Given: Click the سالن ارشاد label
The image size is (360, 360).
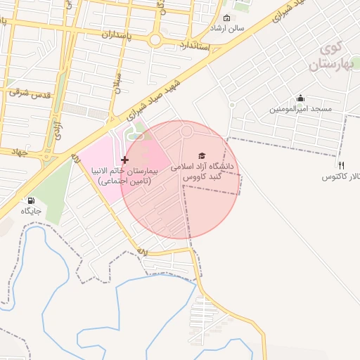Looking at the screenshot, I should [227, 28].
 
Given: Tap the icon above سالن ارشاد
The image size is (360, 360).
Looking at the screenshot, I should [226, 18].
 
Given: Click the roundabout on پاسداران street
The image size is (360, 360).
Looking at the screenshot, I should [155, 40].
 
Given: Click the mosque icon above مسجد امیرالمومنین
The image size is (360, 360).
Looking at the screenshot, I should [301, 98].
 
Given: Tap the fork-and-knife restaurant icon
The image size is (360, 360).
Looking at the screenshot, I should [341, 165].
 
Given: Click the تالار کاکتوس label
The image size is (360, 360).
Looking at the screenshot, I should [340, 176].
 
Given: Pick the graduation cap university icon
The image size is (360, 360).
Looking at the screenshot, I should [202, 155].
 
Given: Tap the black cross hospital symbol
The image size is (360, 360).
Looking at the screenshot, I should [125, 160].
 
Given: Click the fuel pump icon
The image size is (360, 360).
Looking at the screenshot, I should [30, 200].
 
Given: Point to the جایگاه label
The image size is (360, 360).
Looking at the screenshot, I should [31, 211].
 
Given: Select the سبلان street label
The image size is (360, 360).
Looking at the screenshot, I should [118, 84].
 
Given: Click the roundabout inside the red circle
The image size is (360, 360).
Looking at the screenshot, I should [187, 131].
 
